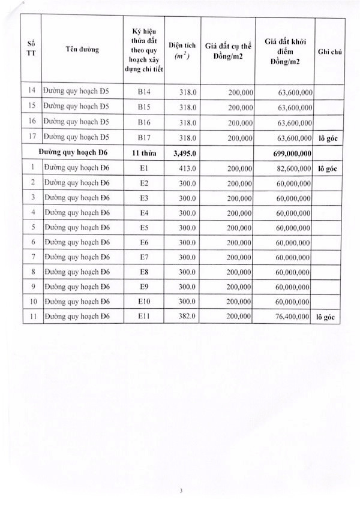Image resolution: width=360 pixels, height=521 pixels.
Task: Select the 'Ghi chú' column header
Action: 329,52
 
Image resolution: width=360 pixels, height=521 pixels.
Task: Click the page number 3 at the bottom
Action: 180,491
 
